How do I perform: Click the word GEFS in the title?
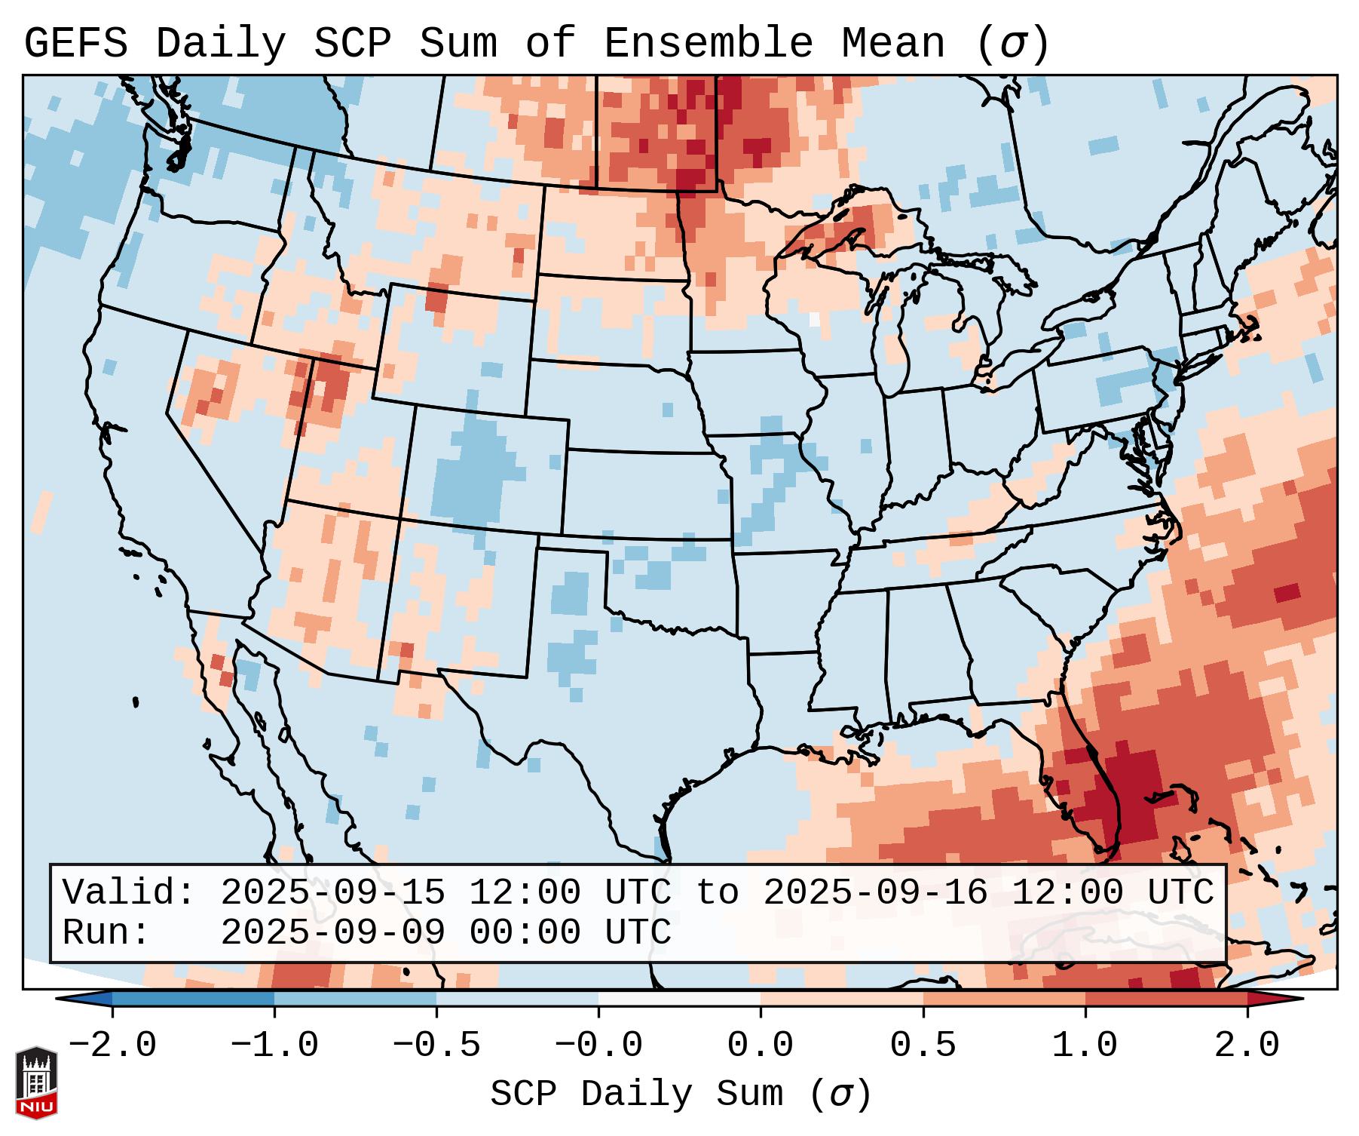coord(75,44)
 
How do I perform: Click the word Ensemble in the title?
coord(709,44)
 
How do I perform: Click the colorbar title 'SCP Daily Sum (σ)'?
coord(681,1094)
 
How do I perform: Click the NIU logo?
coord(36,1083)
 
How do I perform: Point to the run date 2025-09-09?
coord(332,932)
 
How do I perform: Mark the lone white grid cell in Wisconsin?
coord(814,319)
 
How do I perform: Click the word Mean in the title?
coord(893,44)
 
